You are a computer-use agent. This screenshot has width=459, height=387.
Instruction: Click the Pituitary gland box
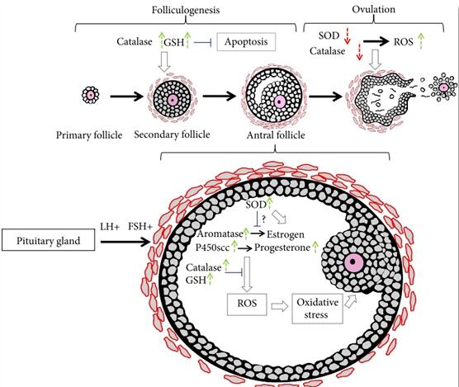point(49,240)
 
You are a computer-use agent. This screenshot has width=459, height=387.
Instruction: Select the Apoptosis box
point(246,42)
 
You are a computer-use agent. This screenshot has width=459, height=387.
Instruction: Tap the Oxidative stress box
point(317,309)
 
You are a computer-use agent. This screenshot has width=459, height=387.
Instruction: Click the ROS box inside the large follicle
point(247,304)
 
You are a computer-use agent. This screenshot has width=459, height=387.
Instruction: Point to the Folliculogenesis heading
point(186,10)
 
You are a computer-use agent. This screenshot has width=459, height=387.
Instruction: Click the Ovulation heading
point(373,9)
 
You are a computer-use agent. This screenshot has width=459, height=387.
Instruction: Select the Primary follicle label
point(89,135)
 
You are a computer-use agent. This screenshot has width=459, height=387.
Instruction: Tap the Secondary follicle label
point(172,135)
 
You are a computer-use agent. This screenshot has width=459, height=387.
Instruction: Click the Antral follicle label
point(276,135)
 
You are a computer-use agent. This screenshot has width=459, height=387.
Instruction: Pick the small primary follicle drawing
point(91,95)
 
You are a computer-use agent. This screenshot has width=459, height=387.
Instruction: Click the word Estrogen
point(286,234)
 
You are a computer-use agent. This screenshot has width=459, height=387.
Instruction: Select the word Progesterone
point(282,248)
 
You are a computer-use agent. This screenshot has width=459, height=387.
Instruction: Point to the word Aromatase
point(220,234)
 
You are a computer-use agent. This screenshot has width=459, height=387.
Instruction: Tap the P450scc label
point(212,248)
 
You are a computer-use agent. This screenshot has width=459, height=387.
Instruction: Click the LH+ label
point(110,227)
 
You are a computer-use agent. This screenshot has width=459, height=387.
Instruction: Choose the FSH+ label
point(140,227)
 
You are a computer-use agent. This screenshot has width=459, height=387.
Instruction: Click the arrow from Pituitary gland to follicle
point(125,242)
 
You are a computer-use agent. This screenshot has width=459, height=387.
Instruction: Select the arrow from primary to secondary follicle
point(127,96)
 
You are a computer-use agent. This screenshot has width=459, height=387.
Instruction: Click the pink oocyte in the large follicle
point(353,262)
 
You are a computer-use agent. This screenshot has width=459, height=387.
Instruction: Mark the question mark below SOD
point(263,219)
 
